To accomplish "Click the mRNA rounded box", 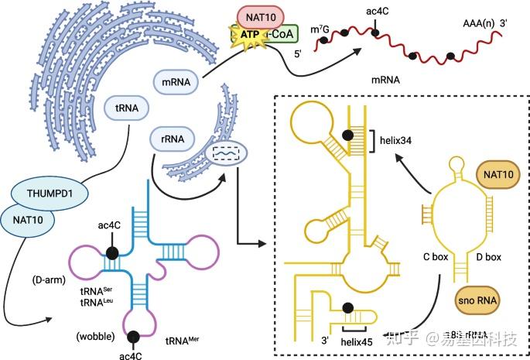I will pos(176,80).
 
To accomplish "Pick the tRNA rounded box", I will pos(127,108).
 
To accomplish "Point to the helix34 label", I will pos(398,140).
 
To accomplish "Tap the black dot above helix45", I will pos(350,307).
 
